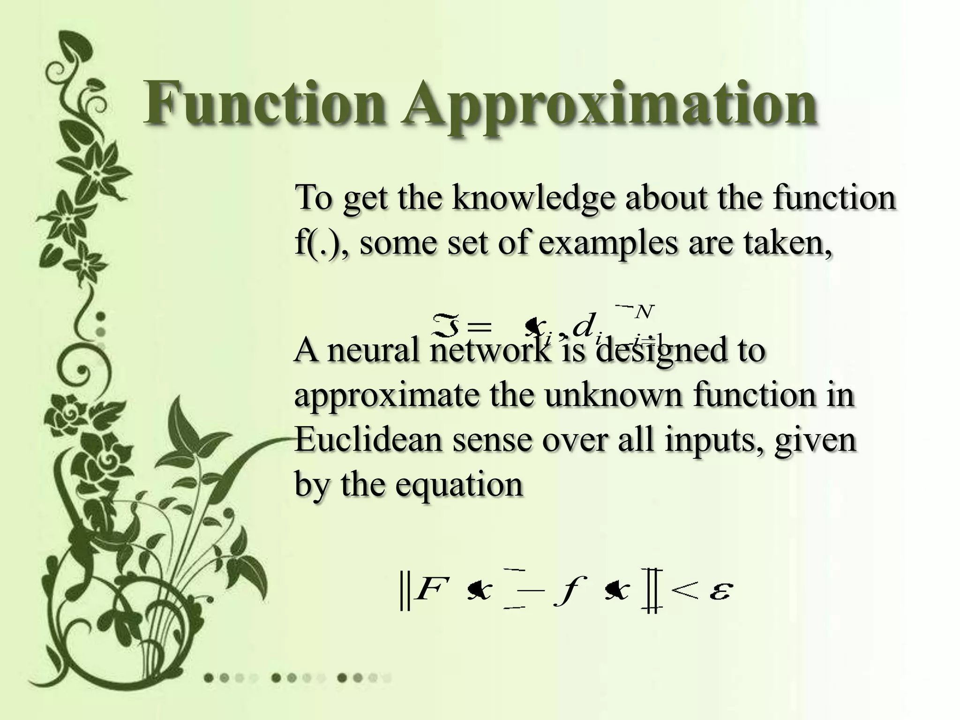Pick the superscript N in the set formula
643,311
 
